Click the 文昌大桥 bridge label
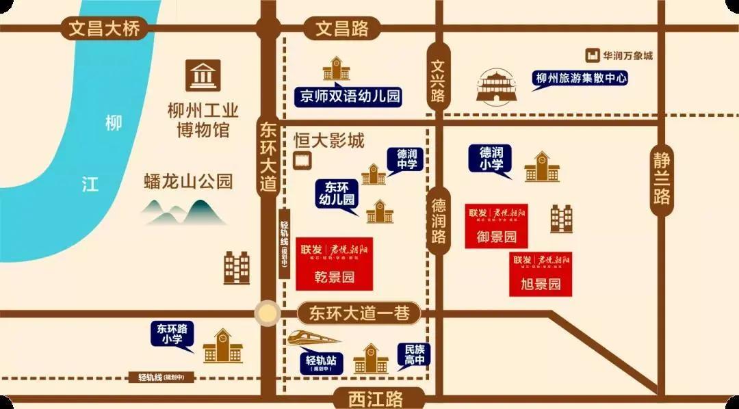coord(104,29)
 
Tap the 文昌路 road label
coord(342,29)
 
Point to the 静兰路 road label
coord(661,176)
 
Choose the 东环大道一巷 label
coord(359,313)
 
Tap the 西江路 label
coord(375,397)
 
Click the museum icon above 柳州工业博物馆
coord(203,75)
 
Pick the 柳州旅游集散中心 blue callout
coord(580,79)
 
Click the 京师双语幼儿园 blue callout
coord(349,96)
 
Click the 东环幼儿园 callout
coord(336,195)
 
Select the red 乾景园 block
coord(334,264)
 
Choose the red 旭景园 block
coord(541,274)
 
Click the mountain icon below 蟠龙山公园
coord(184,212)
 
